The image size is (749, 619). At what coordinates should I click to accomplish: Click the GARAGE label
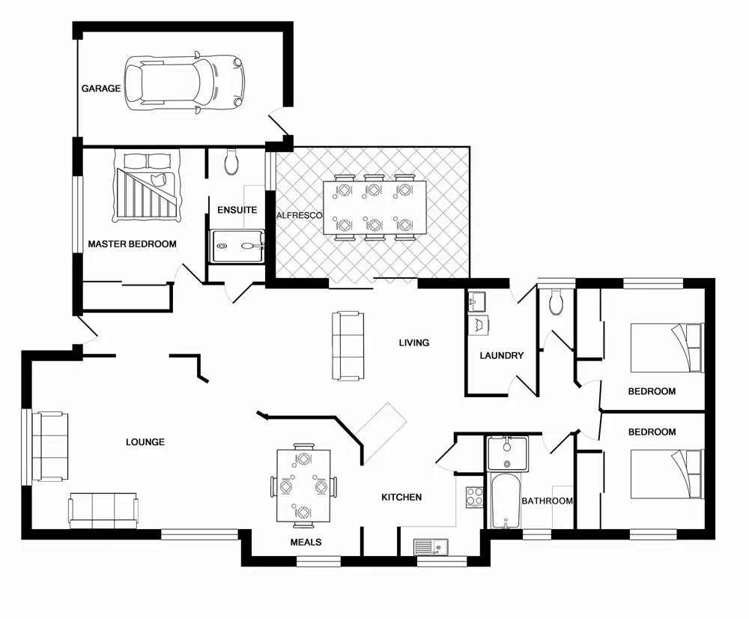(101, 88)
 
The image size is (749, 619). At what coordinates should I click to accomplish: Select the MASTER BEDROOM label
(133, 244)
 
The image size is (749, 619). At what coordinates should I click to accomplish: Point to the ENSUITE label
(237, 211)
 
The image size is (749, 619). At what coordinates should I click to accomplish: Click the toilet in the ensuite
(231, 161)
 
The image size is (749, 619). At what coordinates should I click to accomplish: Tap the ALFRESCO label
(299, 215)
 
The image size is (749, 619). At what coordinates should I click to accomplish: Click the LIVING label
(414, 343)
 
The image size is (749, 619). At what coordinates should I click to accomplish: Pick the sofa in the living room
(348, 345)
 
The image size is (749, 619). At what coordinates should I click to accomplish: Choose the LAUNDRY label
(502, 356)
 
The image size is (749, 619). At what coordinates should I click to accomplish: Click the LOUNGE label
(145, 442)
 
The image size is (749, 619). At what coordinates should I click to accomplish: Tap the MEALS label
(306, 542)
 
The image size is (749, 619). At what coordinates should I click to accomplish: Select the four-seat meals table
(303, 486)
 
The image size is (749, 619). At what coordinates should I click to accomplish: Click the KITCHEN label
(401, 497)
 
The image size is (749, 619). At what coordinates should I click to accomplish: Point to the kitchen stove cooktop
(474, 495)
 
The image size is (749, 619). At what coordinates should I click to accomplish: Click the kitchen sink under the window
(430, 547)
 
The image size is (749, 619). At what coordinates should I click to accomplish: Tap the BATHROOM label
(548, 501)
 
